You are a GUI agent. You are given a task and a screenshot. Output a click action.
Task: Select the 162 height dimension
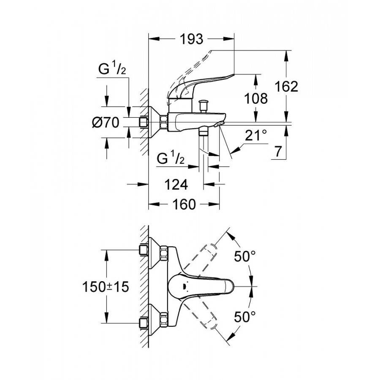coord(287,87)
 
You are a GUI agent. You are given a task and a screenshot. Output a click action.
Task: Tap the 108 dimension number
coord(256,99)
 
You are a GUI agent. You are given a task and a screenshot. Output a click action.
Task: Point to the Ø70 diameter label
coord(106,123)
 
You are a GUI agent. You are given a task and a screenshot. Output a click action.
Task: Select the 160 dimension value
coord(184,205)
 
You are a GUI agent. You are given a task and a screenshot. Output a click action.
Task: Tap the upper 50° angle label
coord(246,256)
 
